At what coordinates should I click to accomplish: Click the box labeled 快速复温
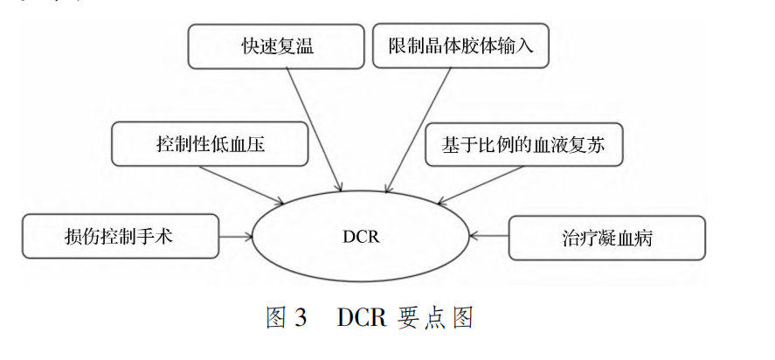(x=277, y=46)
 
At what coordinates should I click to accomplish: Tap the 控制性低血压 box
(x=211, y=143)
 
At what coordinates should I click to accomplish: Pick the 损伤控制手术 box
(x=121, y=236)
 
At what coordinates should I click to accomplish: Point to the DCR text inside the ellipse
(x=361, y=237)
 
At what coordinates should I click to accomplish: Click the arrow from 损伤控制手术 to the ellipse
(x=234, y=236)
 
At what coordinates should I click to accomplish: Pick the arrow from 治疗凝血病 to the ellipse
(x=489, y=236)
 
